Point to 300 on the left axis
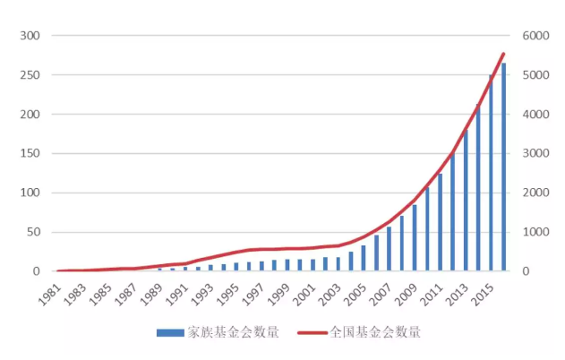click(x=31, y=36)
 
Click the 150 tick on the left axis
click(x=31, y=153)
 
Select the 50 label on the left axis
click(x=35, y=232)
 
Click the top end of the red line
click(x=503, y=54)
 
